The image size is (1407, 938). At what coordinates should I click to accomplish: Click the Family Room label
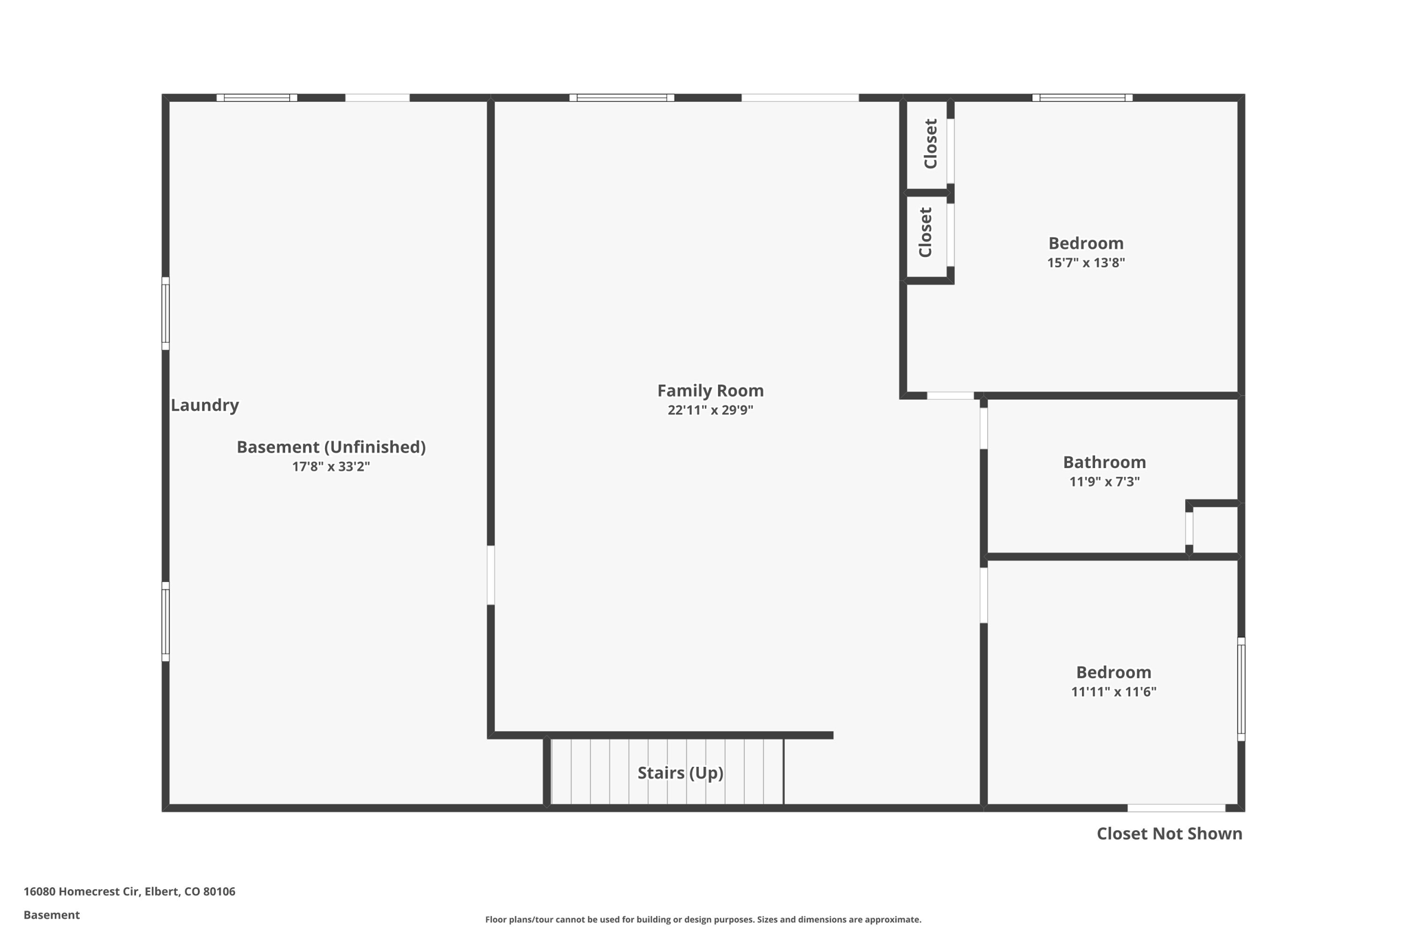(x=710, y=391)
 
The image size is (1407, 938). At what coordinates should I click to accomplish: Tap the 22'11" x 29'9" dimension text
(x=710, y=410)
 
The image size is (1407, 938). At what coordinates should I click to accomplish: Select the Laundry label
(x=205, y=405)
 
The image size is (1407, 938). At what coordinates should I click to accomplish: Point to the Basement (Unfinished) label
(x=331, y=447)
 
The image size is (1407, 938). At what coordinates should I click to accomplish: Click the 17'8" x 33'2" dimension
(x=331, y=467)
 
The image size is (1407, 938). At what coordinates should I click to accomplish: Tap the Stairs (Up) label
(x=680, y=773)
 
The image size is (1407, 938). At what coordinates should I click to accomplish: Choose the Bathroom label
(x=1104, y=462)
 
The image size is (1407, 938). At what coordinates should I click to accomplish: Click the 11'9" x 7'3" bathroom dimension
(x=1104, y=482)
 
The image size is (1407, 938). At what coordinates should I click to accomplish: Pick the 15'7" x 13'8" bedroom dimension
(x=1085, y=263)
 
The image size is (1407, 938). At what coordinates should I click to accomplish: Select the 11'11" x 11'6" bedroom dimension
(x=1114, y=692)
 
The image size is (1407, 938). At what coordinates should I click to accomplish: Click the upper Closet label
(x=930, y=144)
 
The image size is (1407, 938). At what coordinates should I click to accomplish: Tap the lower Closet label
(x=925, y=232)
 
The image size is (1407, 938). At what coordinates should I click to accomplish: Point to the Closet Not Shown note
(x=1169, y=834)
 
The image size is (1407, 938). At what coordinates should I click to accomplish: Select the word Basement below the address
(x=52, y=915)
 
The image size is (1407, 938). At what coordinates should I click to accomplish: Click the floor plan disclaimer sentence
(x=703, y=919)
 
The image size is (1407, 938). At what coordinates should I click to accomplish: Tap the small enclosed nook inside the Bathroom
(x=1215, y=529)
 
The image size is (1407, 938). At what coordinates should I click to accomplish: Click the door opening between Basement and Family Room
(x=491, y=575)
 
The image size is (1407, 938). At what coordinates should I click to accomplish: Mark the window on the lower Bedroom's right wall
(x=1241, y=689)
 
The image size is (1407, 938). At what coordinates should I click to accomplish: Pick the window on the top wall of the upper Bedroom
(x=1082, y=98)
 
